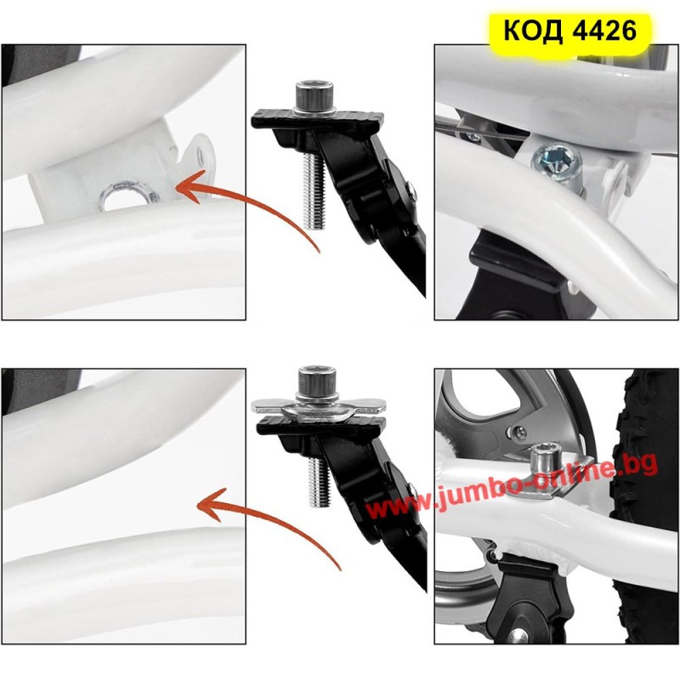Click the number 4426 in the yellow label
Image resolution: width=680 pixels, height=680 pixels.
604,31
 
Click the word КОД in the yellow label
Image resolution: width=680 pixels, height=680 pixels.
535,31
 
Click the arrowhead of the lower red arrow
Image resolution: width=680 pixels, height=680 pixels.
213,504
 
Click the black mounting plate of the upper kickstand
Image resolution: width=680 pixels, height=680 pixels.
317,121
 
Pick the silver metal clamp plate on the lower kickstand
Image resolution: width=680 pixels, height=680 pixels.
320,408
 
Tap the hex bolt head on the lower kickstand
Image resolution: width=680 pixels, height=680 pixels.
318,381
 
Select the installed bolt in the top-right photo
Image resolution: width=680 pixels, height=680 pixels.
558,163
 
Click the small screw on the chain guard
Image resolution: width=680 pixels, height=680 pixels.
519,432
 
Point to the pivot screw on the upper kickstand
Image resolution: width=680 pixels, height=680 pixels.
412,190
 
